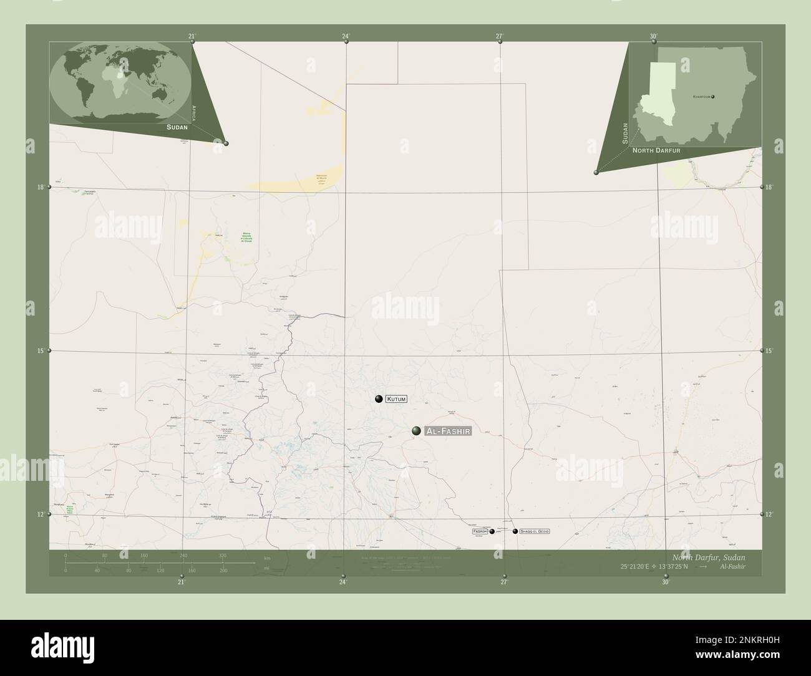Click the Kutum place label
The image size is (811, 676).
[x=396, y=399]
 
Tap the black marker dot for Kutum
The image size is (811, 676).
[x=379, y=399]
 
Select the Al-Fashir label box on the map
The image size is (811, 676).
[x=447, y=431]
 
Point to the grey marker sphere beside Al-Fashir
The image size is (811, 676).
[x=416, y=430]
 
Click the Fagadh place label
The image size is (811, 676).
[x=480, y=531]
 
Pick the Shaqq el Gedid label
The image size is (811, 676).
[x=531, y=531]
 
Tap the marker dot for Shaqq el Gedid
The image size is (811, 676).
[x=515, y=531]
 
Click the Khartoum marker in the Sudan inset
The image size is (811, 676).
[x=712, y=97]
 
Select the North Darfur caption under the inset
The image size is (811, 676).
[x=656, y=151]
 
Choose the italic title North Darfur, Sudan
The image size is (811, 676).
[x=708, y=556]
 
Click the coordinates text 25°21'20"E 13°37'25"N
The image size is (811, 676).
[x=654, y=566]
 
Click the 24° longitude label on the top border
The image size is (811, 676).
[x=346, y=36]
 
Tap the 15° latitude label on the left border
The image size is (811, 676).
[x=40, y=351]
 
